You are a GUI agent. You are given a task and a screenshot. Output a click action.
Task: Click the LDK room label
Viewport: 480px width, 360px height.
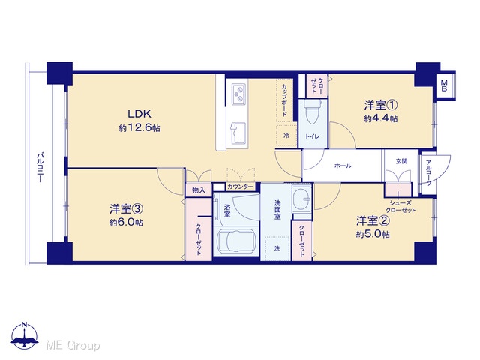[139, 114]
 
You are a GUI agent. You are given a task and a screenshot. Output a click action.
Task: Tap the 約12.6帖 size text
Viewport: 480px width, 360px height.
[139, 127]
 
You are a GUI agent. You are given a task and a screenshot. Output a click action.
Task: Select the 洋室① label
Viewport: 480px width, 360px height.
[381, 105]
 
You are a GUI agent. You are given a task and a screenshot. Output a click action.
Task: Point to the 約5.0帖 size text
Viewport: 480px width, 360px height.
[373, 234]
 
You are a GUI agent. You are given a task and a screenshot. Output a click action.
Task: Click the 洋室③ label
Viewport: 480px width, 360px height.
[127, 209]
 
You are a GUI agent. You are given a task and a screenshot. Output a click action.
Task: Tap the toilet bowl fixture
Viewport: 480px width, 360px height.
[313, 112]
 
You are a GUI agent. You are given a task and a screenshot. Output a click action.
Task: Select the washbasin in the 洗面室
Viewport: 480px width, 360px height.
[301, 199]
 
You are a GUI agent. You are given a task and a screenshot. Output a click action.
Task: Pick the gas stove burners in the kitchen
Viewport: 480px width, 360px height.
[239, 94]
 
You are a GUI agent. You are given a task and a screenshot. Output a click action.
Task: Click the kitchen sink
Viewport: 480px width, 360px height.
[238, 133]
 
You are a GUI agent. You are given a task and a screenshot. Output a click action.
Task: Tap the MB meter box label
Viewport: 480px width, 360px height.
[444, 85]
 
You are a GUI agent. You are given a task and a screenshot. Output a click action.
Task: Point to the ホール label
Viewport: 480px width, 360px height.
[343, 166]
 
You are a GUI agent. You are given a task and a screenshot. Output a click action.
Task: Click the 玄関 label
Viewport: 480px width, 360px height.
[402, 161]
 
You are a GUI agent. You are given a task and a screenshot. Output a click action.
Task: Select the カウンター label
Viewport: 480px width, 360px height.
[241, 187]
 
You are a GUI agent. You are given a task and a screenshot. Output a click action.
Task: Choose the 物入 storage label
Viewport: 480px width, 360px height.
[199, 190]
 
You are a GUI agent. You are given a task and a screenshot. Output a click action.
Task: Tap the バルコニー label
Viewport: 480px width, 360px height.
[40, 167]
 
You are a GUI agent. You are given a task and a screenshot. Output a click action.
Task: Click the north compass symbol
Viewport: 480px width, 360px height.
[25, 335]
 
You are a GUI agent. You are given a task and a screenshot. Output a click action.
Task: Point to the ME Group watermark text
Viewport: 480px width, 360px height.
[73, 345]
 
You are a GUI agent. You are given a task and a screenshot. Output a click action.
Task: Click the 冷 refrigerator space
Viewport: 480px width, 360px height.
[286, 136]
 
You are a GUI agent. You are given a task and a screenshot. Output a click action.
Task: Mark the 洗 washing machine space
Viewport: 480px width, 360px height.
[277, 248]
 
